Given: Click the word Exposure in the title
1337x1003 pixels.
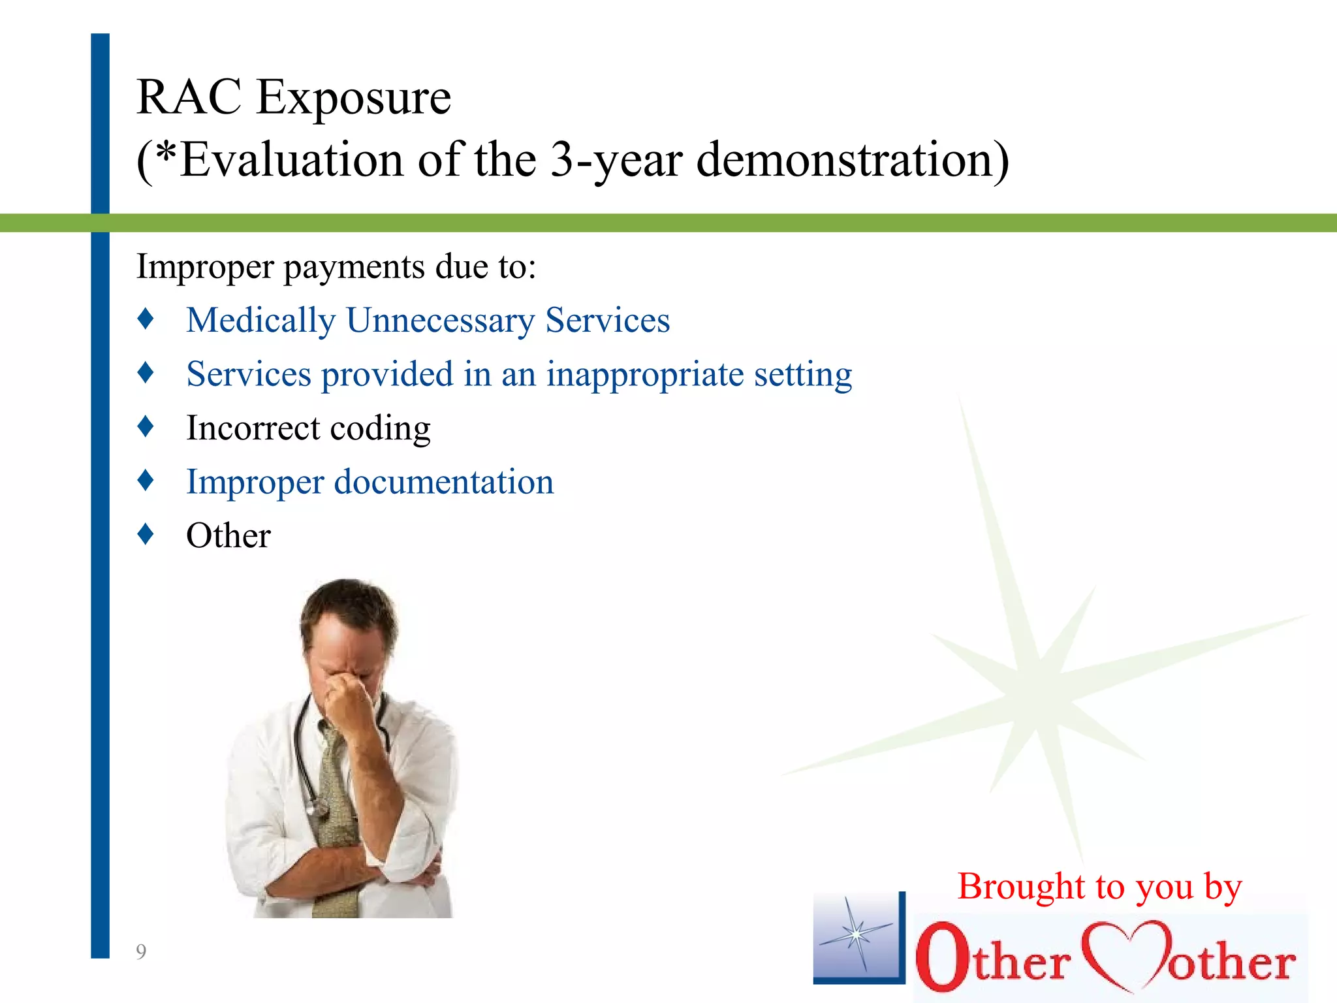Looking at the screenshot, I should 353,98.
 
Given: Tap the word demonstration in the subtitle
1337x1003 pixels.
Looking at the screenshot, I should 852,160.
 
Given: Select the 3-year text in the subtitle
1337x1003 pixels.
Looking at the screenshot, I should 616,160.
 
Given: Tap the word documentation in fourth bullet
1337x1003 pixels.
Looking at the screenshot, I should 444,482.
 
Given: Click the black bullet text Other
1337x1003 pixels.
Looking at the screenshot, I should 228,536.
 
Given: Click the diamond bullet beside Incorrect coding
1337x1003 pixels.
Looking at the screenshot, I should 146,426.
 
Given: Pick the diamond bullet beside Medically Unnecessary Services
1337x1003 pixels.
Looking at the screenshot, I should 146,319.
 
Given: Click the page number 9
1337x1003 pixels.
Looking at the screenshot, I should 141,952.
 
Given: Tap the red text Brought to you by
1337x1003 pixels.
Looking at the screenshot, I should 1099,887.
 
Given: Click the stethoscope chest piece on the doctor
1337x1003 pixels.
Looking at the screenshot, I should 320,808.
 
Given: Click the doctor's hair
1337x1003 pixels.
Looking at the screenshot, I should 349,601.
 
